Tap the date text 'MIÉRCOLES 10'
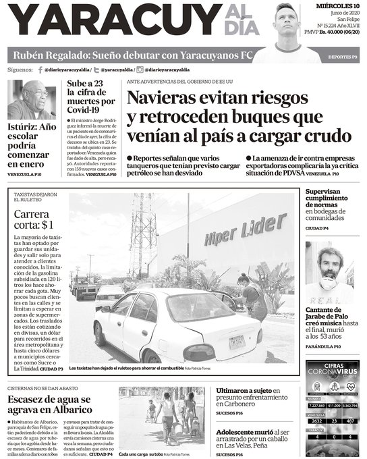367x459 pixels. click(339, 6)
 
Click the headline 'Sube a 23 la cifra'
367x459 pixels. click(92, 97)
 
